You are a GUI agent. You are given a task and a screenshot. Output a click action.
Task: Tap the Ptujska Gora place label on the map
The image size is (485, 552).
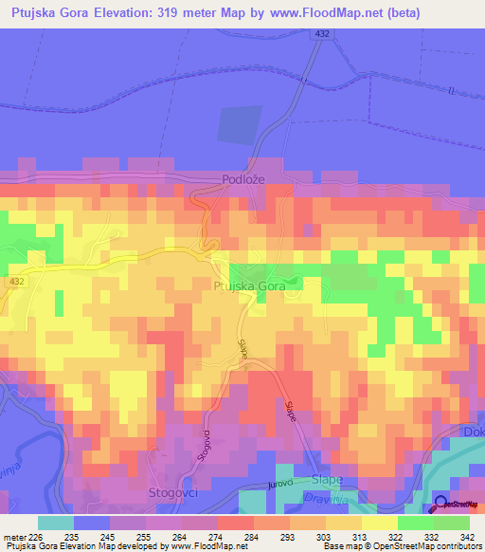coord(249,285)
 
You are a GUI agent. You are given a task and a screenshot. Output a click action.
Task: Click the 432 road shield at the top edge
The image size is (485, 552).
coord(323,34)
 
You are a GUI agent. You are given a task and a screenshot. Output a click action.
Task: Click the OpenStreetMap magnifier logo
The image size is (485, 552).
coord(441,503)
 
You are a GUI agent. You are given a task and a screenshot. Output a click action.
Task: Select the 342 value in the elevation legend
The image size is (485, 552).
coord(466,537)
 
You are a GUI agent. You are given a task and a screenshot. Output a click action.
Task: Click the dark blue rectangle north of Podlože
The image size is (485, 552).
coord(240,125)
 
